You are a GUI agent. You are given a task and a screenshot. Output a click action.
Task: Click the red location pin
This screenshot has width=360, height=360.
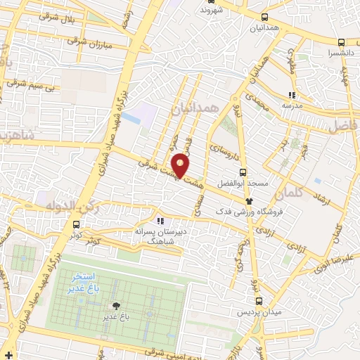pyautogui.click(x=181, y=164)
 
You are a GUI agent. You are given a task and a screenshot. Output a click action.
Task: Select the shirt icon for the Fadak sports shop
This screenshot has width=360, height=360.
pyautogui.click(x=248, y=201)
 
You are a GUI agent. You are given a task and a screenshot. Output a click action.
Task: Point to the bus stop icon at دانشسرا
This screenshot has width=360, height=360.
pyautogui.click(x=341, y=42)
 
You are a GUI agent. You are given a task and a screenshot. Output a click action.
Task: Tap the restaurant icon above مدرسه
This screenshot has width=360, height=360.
pyautogui.click(x=292, y=95)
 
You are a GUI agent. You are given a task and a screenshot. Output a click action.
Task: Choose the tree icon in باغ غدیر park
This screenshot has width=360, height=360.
pyautogui.click(x=116, y=305)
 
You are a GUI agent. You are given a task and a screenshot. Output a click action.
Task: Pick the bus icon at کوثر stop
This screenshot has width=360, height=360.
pyautogui.click(x=75, y=225)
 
